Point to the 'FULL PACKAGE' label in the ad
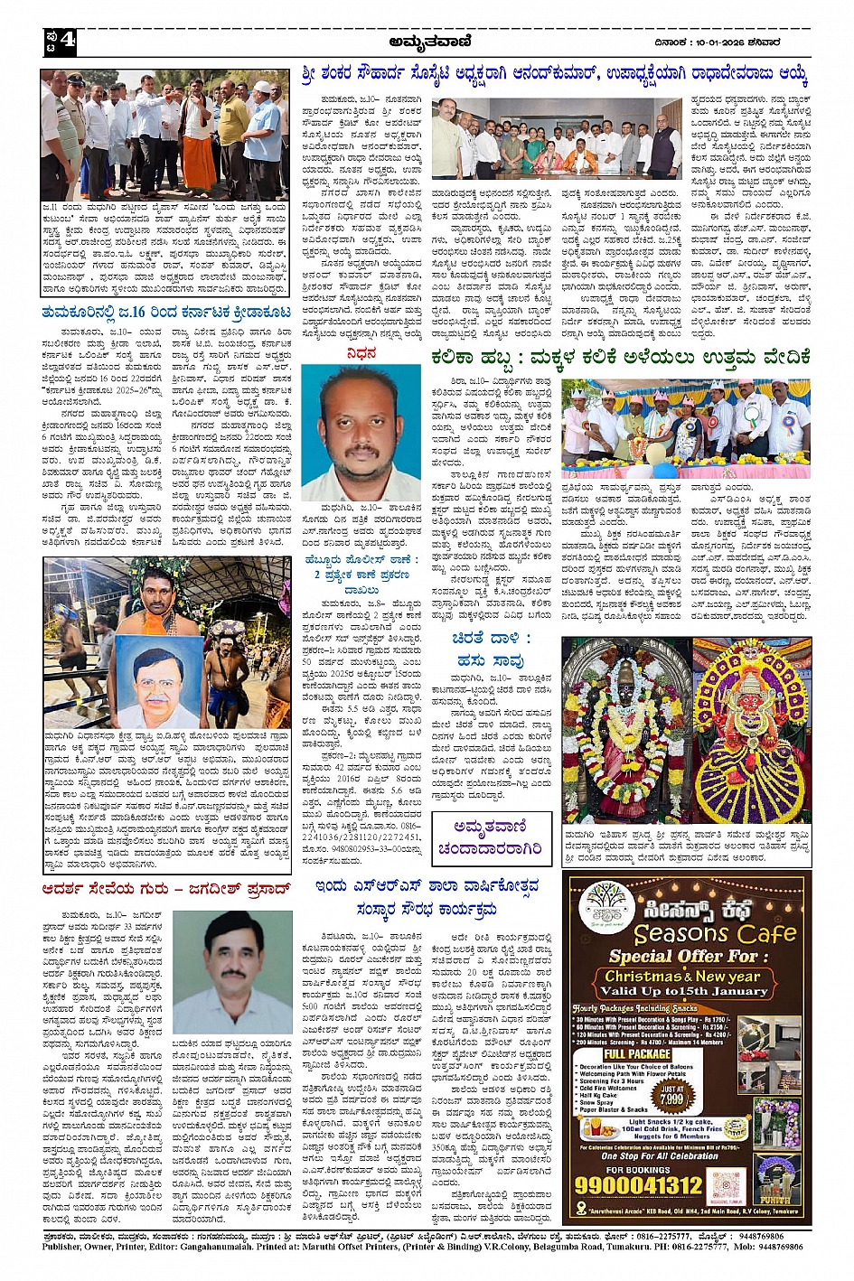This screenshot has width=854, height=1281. pyautogui.click(x=637, y=1053)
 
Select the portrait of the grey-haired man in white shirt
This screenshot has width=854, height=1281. pyautogui.click(x=246, y=972)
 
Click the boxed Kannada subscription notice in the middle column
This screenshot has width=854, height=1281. pyautogui.click(x=491, y=837)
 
